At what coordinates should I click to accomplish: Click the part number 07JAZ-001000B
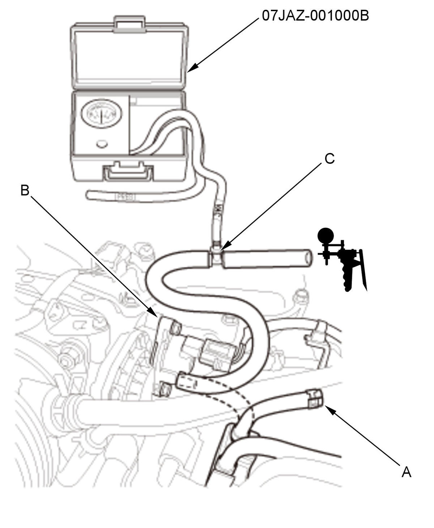click(315, 16)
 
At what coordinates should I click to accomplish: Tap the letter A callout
click(406, 472)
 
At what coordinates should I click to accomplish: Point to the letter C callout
click(329, 158)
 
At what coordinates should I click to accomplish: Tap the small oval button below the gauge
click(102, 144)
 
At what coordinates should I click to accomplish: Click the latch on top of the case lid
click(129, 24)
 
